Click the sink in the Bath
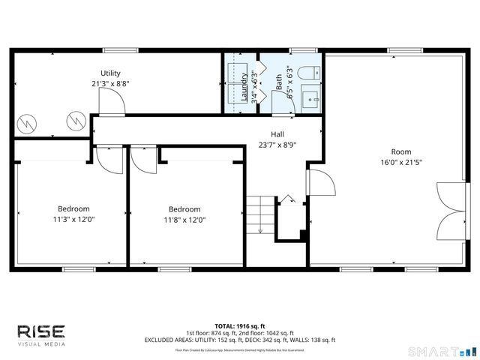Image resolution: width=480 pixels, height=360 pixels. point(310,97)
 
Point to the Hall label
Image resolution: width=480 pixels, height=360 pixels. point(277,134)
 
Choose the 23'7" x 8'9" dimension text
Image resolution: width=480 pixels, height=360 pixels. point(277,145)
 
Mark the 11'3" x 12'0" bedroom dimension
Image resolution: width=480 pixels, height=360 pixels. point(74,220)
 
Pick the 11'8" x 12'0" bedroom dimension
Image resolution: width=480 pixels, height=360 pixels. point(184,220)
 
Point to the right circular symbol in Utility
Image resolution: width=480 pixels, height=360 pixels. point(75,118)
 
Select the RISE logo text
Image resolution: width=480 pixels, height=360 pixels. point(41,331)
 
